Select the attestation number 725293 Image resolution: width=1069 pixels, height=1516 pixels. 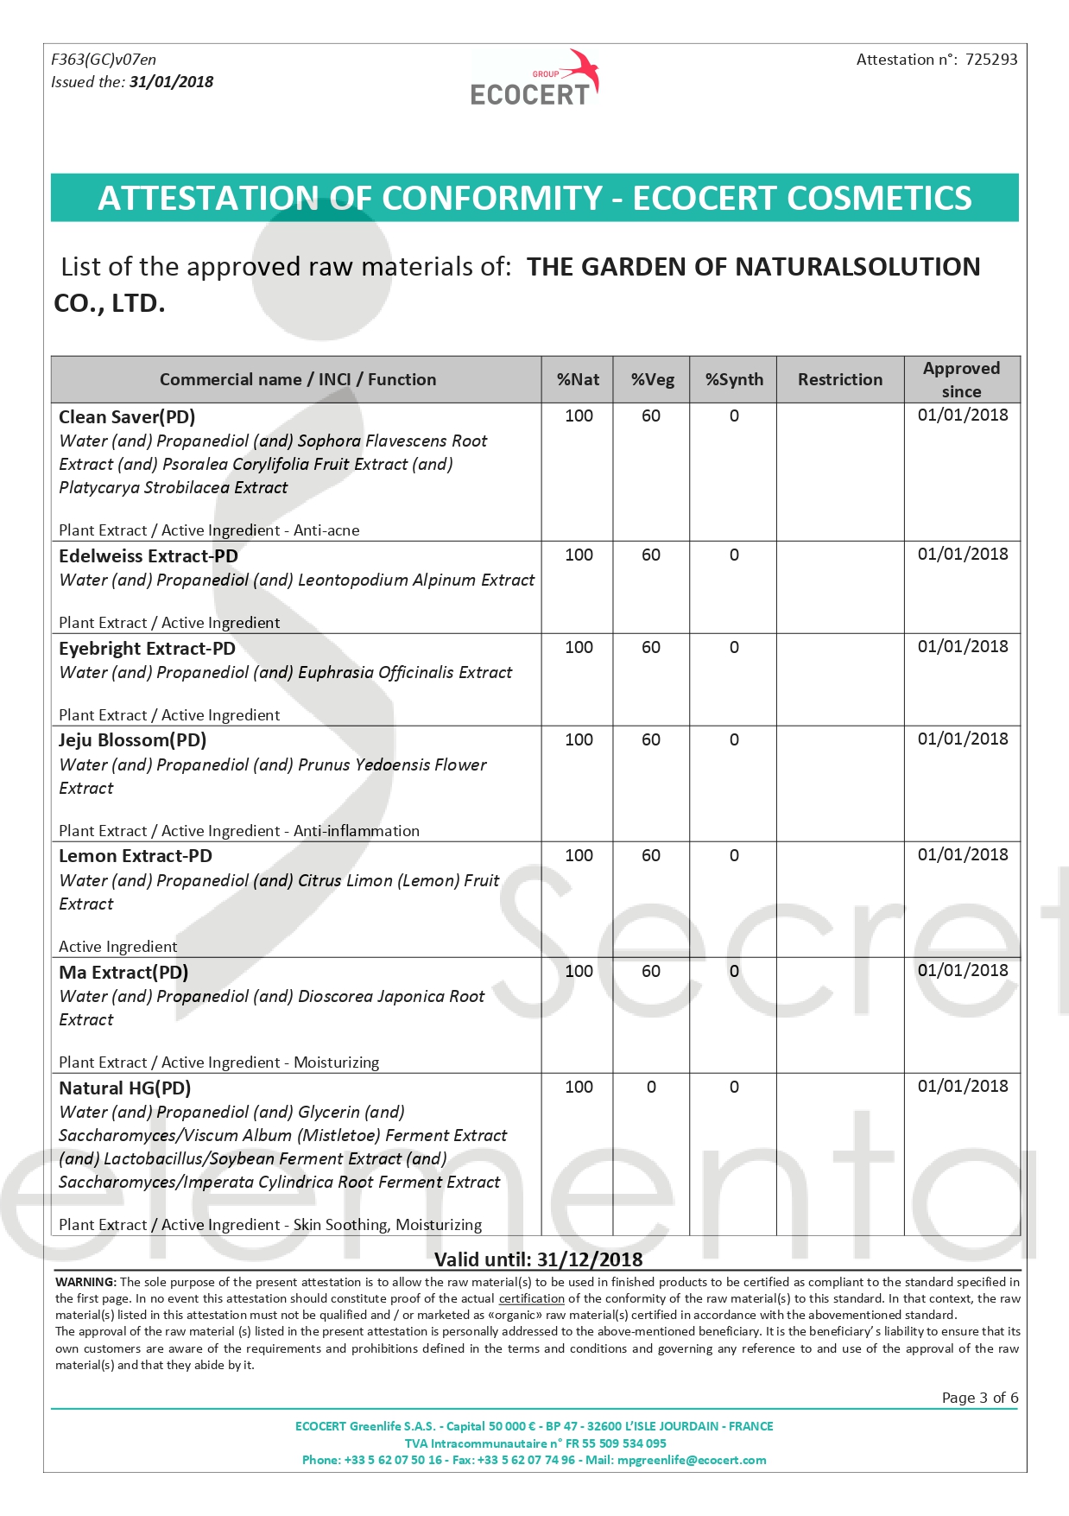tap(991, 60)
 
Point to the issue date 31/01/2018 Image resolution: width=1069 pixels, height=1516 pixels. tap(171, 82)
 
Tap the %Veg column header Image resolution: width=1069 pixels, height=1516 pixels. tap(652, 379)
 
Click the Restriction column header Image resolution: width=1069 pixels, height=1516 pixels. tap(839, 379)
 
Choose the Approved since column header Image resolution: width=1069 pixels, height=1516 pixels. tap(961, 379)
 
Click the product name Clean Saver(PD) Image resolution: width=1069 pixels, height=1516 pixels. tap(127, 417)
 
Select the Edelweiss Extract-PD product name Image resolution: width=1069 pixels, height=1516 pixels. tap(148, 556)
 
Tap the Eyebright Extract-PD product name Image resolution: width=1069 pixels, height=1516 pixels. tap(147, 649)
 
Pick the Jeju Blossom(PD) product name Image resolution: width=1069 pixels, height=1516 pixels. tap(132, 740)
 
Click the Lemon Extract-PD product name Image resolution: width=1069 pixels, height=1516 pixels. tap(135, 856)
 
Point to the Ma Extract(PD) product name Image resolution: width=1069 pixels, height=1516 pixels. tap(123, 973)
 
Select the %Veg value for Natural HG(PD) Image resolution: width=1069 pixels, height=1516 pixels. tap(651, 1087)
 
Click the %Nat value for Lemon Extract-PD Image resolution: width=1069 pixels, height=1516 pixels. tap(579, 855)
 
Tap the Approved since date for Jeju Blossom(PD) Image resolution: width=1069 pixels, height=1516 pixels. tap(962, 739)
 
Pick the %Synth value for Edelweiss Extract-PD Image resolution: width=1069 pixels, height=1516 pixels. tap(734, 555)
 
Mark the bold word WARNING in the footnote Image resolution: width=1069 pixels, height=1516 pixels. tap(85, 1282)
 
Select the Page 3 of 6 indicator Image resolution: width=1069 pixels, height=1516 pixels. tap(979, 1398)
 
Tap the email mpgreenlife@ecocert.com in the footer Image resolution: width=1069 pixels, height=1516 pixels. tap(691, 1460)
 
